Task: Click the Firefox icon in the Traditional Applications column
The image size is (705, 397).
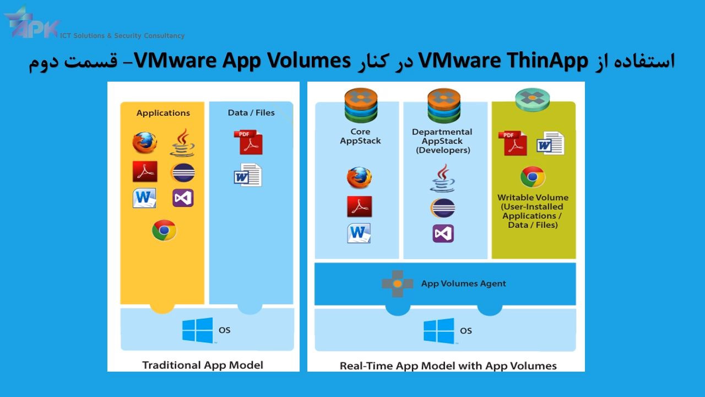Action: [x=144, y=143]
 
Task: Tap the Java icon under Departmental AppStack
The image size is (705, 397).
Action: [x=443, y=178]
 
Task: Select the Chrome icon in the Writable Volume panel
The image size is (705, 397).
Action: [x=533, y=177]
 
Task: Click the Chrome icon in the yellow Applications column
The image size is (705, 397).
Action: [x=164, y=230]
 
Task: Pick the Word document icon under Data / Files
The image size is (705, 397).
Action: [x=248, y=175]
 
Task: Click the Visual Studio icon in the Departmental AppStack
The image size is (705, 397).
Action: [x=443, y=233]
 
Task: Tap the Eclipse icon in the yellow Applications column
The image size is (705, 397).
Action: [x=183, y=173]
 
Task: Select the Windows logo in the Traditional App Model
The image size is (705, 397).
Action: [x=197, y=330]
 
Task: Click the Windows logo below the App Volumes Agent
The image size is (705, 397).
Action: [x=438, y=331]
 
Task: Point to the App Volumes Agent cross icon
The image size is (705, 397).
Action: [x=397, y=283]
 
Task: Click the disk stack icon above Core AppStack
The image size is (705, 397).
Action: [x=361, y=105]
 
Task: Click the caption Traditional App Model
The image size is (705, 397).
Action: [x=203, y=365]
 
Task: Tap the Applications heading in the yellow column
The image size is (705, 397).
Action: [x=163, y=113]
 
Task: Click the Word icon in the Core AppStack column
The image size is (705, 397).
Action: [x=359, y=233]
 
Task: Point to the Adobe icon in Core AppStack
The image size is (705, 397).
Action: [x=359, y=206]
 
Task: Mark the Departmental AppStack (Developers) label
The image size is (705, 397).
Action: [x=442, y=141]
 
